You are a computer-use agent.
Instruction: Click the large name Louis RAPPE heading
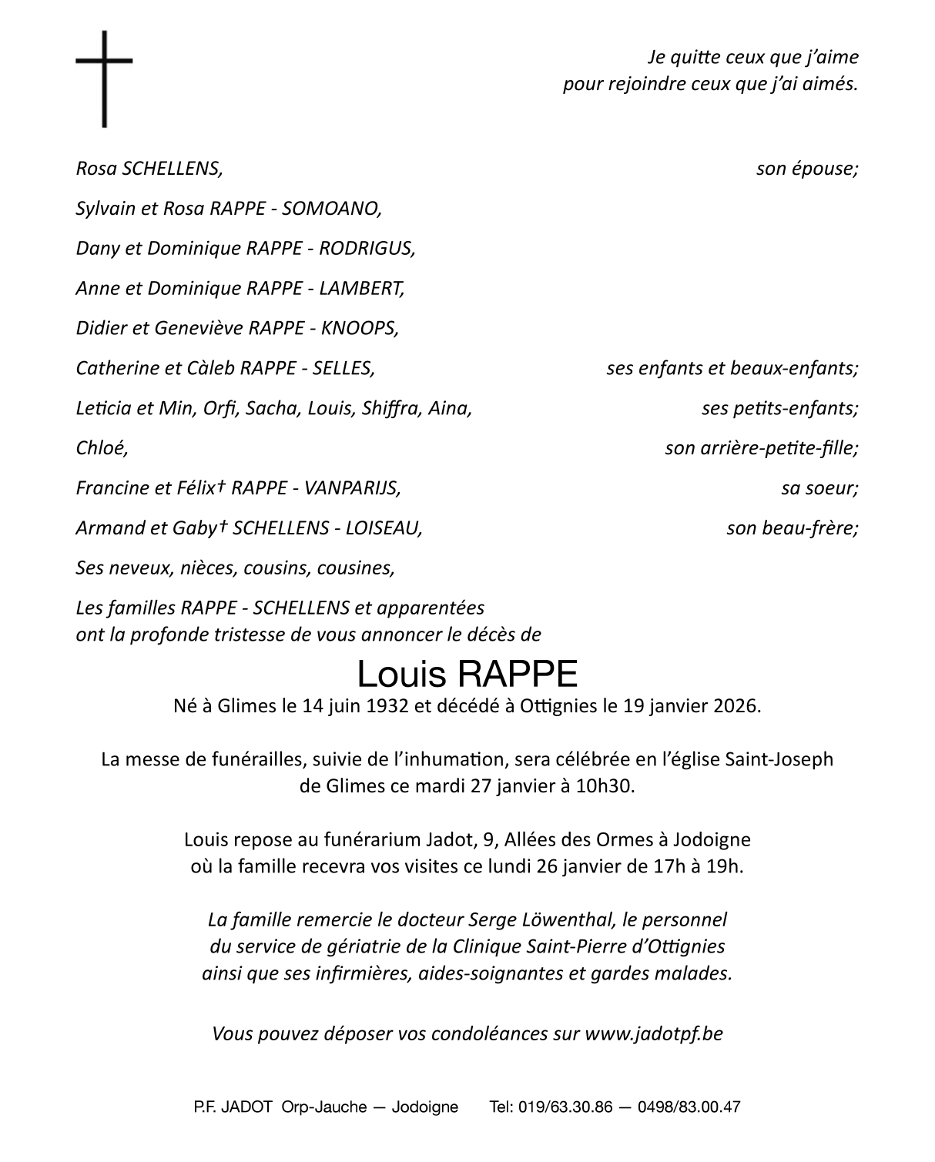[467, 674]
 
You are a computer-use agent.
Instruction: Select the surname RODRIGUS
[367, 249]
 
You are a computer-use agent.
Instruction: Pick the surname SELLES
[343, 369]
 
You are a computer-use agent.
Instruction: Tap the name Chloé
[101, 448]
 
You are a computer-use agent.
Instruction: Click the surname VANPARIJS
[353, 488]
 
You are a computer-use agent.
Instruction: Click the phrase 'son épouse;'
[806, 169]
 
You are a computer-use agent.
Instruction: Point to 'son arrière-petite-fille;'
[761, 448]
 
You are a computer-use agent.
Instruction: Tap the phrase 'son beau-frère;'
[792, 528]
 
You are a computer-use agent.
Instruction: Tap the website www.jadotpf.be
[654, 1033]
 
